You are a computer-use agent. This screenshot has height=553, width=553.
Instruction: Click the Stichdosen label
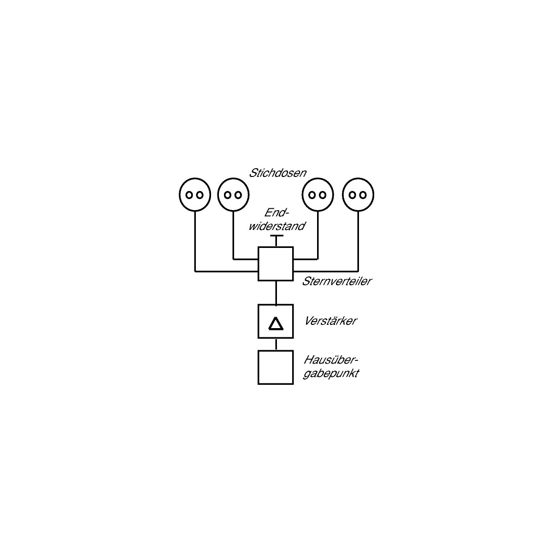[277, 173]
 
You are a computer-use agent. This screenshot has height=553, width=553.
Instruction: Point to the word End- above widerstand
[276, 212]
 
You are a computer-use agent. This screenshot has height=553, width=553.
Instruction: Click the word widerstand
[276, 226]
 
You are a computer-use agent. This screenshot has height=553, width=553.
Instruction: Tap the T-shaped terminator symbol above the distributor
[276, 236]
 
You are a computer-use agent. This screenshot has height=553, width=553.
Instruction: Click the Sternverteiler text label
[336, 282]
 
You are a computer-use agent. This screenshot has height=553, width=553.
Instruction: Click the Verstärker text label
[330, 321]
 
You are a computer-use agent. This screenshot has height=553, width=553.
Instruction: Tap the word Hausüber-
[331, 360]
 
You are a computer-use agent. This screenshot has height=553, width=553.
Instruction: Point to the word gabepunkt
[331, 374]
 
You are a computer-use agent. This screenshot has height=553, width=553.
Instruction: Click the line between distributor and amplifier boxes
[276, 293]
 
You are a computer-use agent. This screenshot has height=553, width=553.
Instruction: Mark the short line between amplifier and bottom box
[276, 344]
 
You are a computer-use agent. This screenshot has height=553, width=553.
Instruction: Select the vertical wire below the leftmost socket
[195, 241]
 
